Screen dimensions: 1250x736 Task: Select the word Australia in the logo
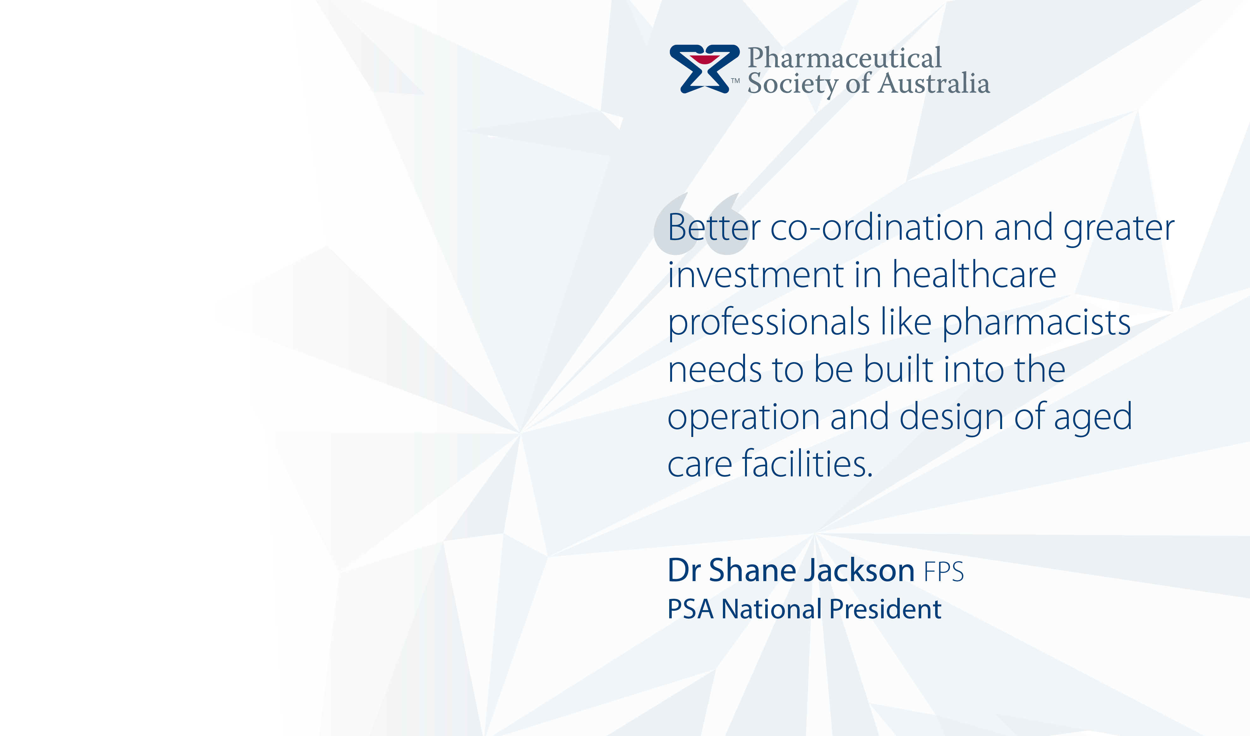[x=934, y=83]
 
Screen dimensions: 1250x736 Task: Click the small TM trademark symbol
[x=735, y=80]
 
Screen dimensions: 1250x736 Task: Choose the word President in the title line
[x=886, y=609]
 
